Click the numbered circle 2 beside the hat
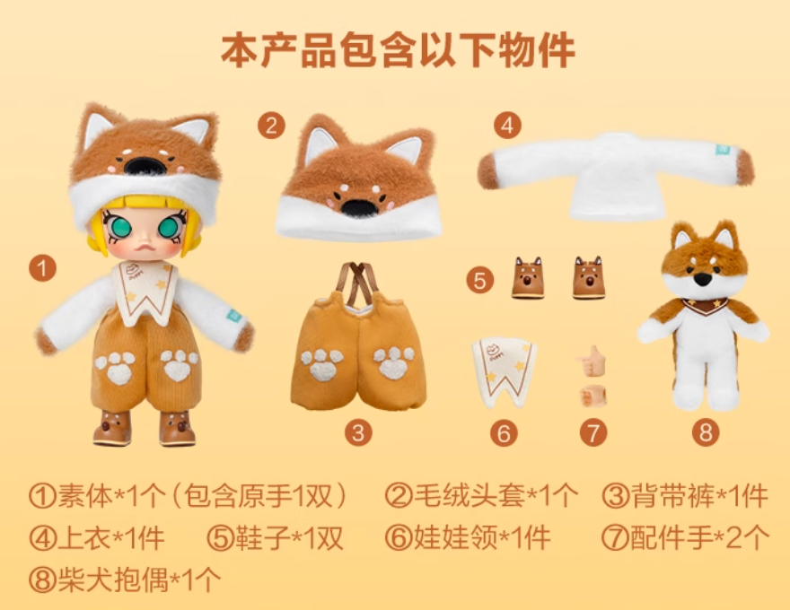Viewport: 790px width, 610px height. click(x=271, y=126)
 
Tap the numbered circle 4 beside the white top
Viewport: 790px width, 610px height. click(x=507, y=126)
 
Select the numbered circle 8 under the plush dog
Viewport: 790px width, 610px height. click(x=706, y=432)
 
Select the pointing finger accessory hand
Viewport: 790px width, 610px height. click(x=591, y=361)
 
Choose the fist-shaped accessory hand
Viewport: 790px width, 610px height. click(x=593, y=396)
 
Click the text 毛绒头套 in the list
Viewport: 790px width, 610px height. click(x=469, y=496)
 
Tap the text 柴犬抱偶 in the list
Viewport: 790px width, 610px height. click(x=113, y=579)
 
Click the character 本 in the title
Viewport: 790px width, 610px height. click(x=240, y=50)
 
